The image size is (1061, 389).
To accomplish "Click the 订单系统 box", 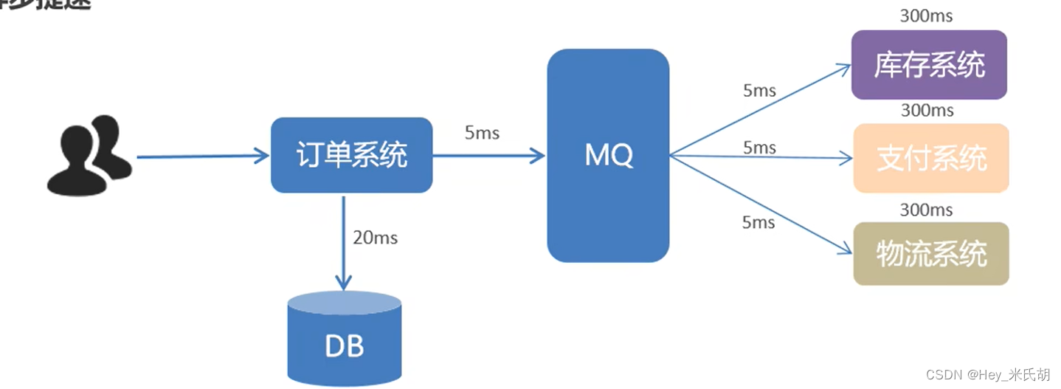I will pos(351,155).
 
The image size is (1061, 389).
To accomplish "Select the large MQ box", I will pos(608,155).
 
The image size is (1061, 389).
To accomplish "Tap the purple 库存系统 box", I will pos(928,65).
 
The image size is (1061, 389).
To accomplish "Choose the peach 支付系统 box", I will pos(931,158).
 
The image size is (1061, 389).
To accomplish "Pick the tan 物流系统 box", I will pos(931,253).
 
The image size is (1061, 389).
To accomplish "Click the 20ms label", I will pos(375,237).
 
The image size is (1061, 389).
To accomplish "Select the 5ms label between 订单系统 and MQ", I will pos(482,133).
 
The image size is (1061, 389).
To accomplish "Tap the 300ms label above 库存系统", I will pos(927,15).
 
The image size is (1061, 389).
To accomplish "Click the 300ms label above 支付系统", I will pos(927,111).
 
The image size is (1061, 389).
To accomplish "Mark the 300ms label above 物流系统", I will pos(927,210).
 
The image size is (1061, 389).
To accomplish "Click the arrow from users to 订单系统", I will pos(203,156).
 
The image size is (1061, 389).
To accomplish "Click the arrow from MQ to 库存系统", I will pos(760,111).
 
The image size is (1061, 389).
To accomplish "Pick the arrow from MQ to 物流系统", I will pos(760,204).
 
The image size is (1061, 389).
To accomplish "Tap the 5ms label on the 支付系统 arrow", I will pos(759,148).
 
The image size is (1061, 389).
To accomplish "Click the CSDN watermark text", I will pos(988,375).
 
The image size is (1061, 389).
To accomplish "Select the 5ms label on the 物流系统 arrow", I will pos(758,222).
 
